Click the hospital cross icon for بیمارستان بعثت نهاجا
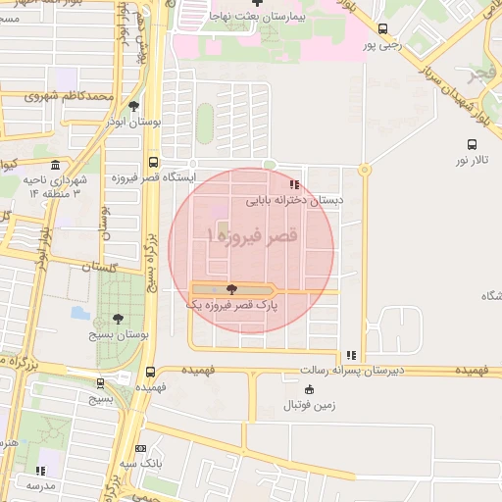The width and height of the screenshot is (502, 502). click(x=257, y=4)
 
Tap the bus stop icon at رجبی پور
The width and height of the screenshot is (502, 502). click(x=382, y=28)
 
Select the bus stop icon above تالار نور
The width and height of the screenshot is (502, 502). click(x=472, y=143)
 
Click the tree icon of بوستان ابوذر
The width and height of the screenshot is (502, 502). click(x=133, y=106)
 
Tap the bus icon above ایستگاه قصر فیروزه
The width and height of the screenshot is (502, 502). click(x=153, y=163)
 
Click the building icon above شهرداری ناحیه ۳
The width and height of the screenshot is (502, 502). click(x=55, y=165)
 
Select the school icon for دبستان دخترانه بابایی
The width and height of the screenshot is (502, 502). click(x=293, y=184)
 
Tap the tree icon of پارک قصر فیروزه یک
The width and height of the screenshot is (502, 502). click(x=231, y=289)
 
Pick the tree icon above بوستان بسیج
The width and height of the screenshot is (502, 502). click(x=119, y=319)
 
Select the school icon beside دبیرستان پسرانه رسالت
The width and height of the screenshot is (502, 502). click(x=351, y=356)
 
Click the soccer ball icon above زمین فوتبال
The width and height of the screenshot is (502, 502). click(x=310, y=389)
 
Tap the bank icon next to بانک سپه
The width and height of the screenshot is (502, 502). click(x=140, y=448)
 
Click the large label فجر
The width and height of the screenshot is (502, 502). click(x=484, y=74)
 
